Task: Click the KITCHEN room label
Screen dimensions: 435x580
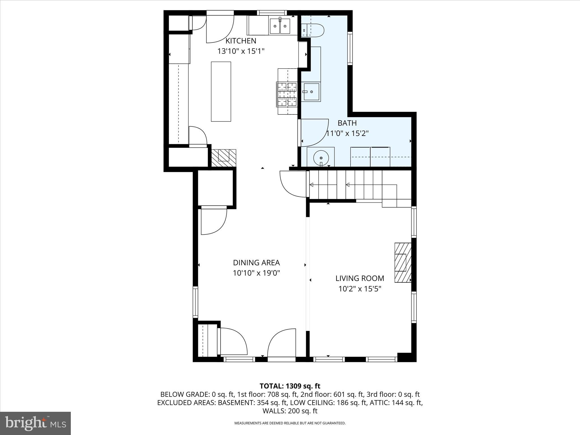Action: coord(241,41)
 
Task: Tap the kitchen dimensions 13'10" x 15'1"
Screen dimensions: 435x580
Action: coord(241,51)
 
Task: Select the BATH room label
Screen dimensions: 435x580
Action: coord(347,123)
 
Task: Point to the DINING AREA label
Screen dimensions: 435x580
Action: coord(256,263)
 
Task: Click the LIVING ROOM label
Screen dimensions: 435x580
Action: coord(360,278)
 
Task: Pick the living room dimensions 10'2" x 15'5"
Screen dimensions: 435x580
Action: coord(360,289)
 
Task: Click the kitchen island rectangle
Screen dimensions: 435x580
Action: coord(221,91)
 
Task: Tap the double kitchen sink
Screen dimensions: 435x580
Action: coord(280,26)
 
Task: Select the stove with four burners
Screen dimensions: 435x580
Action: coord(287,94)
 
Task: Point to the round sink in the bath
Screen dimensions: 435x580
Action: coord(321,157)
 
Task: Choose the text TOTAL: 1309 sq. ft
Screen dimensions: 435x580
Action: coord(290,386)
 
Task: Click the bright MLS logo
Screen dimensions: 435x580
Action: coord(35,423)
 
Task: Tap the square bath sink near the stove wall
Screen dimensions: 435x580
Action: coord(312,92)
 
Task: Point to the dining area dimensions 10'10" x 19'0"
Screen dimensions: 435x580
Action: coord(256,273)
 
